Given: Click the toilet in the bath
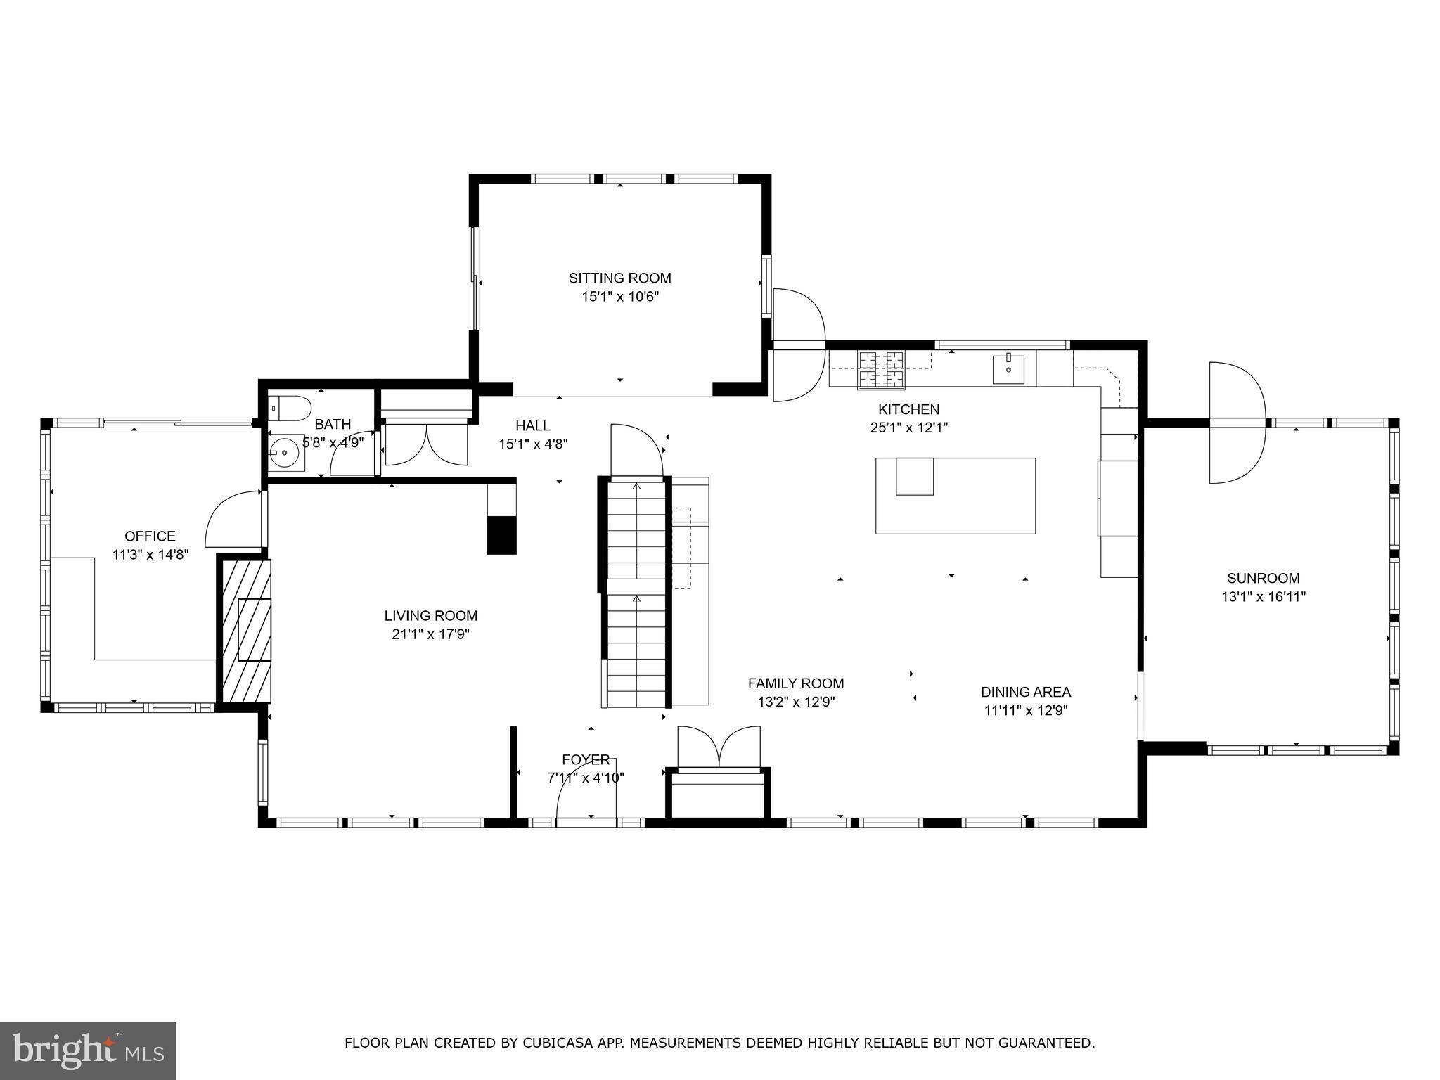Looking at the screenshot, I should click(x=291, y=407).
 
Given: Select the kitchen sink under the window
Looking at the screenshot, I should click(x=1008, y=369).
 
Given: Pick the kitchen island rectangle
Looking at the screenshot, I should click(x=955, y=496).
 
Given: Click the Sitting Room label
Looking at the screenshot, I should click(x=619, y=278).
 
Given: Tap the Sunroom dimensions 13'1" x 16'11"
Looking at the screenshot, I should click(x=1263, y=597).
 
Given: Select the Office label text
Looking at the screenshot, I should click(x=150, y=536).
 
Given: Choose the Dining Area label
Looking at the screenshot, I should click(x=1025, y=692).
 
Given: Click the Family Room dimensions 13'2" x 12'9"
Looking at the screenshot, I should click(x=796, y=702).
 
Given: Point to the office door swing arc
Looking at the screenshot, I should click(x=232, y=520).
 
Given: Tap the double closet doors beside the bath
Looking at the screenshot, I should click(x=425, y=444).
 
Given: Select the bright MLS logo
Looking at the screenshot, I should click(x=87, y=1050).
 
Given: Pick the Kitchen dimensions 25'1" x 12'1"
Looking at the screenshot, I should click(x=908, y=427).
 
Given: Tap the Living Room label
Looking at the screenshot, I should click(x=430, y=616).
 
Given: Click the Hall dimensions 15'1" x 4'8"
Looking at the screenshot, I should click(x=533, y=444).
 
